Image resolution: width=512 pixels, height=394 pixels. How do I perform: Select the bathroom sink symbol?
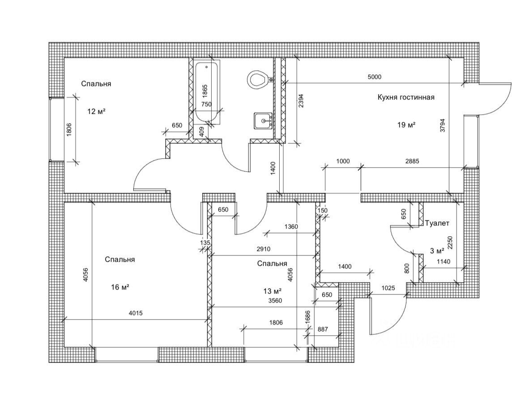pyautogui.click(x=263, y=121)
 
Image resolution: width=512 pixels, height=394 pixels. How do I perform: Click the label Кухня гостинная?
pyautogui.click(x=406, y=97)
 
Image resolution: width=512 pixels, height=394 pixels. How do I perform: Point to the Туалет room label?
pyautogui.click(x=437, y=222)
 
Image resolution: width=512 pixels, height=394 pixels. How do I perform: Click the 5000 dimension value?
pyautogui.click(x=374, y=77)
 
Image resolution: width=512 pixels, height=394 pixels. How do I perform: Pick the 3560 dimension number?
pyautogui.click(x=275, y=301)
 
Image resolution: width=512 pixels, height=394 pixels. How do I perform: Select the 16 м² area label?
pyautogui.click(x=120, y=287)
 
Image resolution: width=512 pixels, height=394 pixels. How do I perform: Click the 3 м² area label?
pyautogui.click(x=437, y=251)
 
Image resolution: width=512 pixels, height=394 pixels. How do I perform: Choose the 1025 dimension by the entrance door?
pyautogui.click(x=388, y=288)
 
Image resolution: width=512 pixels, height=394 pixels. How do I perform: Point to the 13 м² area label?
pyautogui.click(x=272, y=291)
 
